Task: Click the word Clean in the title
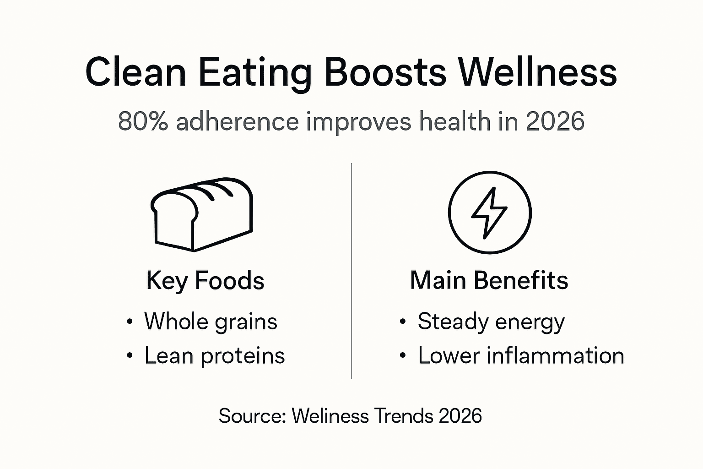tap(135, 72)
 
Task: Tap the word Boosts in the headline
tap(385, 72)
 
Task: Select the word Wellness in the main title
tap(538, 72)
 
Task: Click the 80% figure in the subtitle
tap(143, 122)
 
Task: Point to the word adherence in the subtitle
tap(237, 122)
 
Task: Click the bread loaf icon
tap(202, 214)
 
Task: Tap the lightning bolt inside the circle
tap(489, 213)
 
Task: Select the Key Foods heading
tap(205, 280)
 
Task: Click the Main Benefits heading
tap(489, 280)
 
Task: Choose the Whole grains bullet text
tap(211, 322)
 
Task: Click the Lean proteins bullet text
tap(214, 356)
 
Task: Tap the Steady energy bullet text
tap(491, 322)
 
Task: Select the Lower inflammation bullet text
tap(521, 356)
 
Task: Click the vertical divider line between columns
tap(351, 270)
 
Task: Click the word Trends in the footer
tap(403, 416)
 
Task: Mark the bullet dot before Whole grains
tap(130, 322)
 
